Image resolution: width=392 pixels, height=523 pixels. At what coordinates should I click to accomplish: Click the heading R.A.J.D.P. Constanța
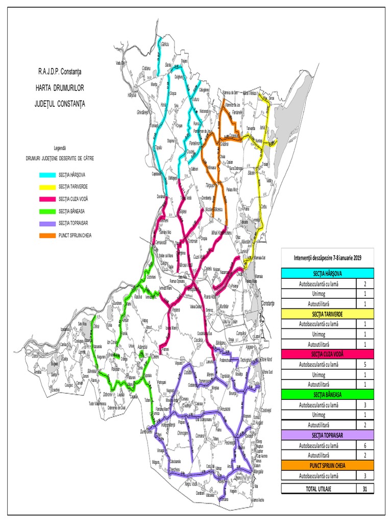click(63, 69)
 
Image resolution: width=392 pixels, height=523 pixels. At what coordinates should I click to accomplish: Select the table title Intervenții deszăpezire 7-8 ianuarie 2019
click(327, 257)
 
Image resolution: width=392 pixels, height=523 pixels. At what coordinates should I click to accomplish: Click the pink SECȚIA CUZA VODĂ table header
click(327, 354)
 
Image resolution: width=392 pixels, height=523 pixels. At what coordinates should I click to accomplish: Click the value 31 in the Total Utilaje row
click(364, 489)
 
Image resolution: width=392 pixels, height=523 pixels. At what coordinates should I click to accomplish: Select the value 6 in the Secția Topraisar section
click(364, 445)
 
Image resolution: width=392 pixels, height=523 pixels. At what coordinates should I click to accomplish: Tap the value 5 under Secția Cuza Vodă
click(364, 365)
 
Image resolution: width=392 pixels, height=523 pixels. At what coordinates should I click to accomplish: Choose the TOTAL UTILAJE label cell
click(319, 489)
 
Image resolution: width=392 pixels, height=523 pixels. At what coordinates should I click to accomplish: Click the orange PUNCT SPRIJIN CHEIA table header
click(327, 466)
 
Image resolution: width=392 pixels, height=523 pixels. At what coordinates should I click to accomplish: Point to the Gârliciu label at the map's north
click(165, 45)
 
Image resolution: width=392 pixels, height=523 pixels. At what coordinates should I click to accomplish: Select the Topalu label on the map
click(159, 147)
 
